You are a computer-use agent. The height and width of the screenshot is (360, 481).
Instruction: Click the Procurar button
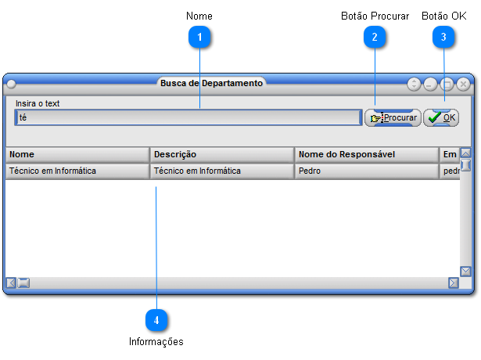click(x=393, y=118)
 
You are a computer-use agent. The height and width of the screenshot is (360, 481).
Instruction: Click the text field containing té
click(x=188, y=117)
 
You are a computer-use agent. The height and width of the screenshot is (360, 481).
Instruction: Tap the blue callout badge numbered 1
click(x=199, y=37)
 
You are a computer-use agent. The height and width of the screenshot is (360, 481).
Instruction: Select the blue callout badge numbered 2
click(x=375, y=37)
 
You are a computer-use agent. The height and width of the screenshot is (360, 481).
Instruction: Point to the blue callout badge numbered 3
click(x=443, y=37)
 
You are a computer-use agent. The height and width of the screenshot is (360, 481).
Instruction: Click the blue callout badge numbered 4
click(x=156, y=320)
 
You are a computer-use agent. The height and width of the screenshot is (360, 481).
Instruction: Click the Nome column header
click(x=77, y=155)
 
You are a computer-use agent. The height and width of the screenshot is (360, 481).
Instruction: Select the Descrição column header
click(x=222, y=155)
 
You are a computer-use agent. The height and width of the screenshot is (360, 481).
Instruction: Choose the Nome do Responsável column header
click(x=367, y=155)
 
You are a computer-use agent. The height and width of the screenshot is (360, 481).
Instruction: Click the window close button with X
click(x=463, y=84)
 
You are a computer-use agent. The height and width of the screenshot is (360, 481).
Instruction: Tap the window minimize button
click(x=430, y=84)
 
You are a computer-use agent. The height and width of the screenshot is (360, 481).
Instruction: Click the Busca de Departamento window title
click(x=211, y=83)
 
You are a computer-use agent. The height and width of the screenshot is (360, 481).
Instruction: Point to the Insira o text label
click(x=38, y=103)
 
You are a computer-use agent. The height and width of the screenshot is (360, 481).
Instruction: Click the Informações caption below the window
click(x=156, y=341)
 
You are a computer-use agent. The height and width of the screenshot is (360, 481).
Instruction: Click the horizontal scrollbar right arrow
click(x=454, y=283)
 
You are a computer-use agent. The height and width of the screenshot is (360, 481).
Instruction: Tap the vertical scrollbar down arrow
click(x=465, y=272)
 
